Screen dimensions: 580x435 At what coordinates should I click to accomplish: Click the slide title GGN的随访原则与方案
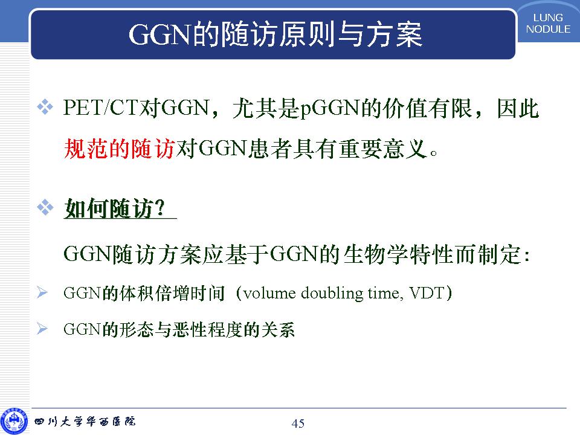pyautogui.click(x=275, y=34)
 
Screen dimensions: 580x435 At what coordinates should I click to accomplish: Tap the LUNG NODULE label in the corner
pyautogui.click(x=548, y=24)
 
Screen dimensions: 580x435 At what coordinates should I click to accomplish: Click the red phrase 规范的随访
pyautogui.click(x=119, y=149)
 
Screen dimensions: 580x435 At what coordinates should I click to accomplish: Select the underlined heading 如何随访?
pyautogui.click(x=115, y=208)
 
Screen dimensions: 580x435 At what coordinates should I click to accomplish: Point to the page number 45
pyautogui.click(x=298, y=423)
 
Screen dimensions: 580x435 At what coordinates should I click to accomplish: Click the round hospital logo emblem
pyautogui.click(x=14, y=422)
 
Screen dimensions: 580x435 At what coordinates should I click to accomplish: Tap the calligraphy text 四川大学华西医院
pyautogui.click(x=85, y=421)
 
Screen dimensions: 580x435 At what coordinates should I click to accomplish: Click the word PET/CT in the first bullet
pyautogui.click(x=100, y=108)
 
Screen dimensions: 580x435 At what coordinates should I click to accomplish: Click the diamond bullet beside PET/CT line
pyautogui.click(x=45, y=108)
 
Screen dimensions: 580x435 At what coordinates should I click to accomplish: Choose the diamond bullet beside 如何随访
pyautogui.click(x=45, y=207)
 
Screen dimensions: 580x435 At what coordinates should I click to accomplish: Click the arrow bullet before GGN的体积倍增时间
pyautogui.click(x=42, y=292)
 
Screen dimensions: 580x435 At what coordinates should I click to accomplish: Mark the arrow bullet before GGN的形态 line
pyautogui.click(x=42, y=329)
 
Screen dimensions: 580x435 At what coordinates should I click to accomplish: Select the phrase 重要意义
pyautogui.click(x=383, y=149)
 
